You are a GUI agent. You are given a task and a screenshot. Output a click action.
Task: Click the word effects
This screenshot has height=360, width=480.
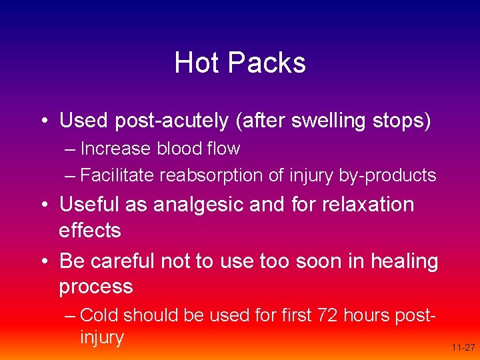[89, 231]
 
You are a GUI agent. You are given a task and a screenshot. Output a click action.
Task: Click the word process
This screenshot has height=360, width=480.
[96, 287]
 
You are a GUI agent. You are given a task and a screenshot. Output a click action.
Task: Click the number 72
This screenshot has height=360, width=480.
[326, 314]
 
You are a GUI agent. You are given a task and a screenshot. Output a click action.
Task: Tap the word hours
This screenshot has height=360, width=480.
[367, 314]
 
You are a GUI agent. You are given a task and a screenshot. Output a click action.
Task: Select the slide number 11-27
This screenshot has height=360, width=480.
[463, 347]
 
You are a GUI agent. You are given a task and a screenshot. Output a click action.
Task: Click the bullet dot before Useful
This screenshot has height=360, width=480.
[43, 205]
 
